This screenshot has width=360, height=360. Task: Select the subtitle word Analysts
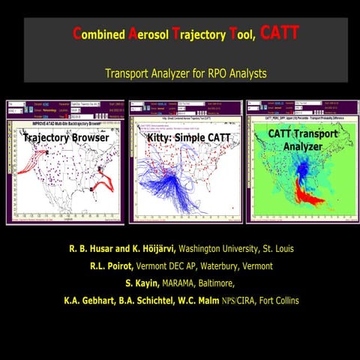(x=244, y=73)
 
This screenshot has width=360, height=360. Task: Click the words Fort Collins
(x=273, y=300)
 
